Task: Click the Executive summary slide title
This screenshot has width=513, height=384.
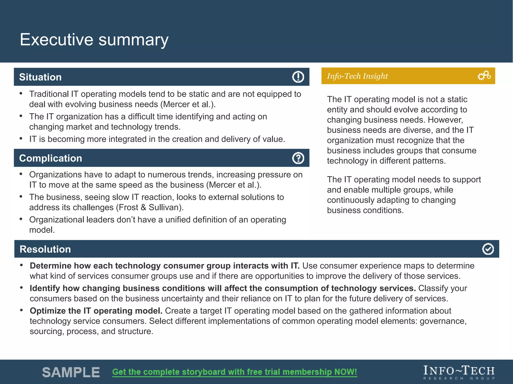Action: click(94, 39)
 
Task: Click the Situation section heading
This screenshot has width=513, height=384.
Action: click(40, 77)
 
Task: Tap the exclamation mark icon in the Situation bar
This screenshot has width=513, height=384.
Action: click(298, 77)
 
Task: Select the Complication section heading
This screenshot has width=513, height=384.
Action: click(51, 158)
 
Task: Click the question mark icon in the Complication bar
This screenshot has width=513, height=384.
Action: click(298, 158)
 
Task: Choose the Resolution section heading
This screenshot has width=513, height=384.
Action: click(45, 249)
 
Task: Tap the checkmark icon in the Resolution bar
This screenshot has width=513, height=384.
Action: click(488, 249)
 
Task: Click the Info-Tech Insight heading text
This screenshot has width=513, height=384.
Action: click(357, 76)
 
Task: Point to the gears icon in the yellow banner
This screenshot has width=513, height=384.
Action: click(484, 75)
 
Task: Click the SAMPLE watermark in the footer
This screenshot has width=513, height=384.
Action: click(71, 372)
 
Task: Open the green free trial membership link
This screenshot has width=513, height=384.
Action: click(234, 372)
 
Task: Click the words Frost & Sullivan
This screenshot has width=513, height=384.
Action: click(150, 207)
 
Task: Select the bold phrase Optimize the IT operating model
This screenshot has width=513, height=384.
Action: click(96, 311)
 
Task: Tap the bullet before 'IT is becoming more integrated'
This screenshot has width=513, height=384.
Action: click(21, 138)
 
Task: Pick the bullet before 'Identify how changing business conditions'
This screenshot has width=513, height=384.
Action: click(22, 288)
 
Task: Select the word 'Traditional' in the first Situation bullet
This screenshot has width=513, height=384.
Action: click(49, 94)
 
